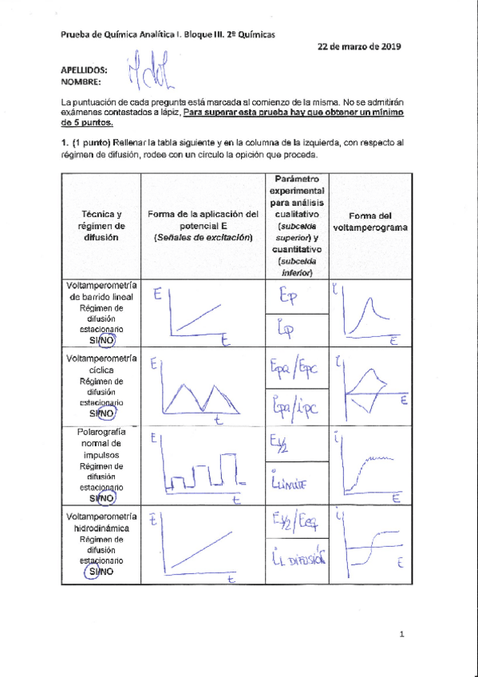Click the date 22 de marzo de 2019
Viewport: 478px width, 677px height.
359,46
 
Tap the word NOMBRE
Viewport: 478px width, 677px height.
81,81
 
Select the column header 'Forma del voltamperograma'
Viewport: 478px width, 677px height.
369,221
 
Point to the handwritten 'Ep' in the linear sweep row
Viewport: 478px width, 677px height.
289,297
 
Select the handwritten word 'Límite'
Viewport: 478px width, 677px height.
290,483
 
